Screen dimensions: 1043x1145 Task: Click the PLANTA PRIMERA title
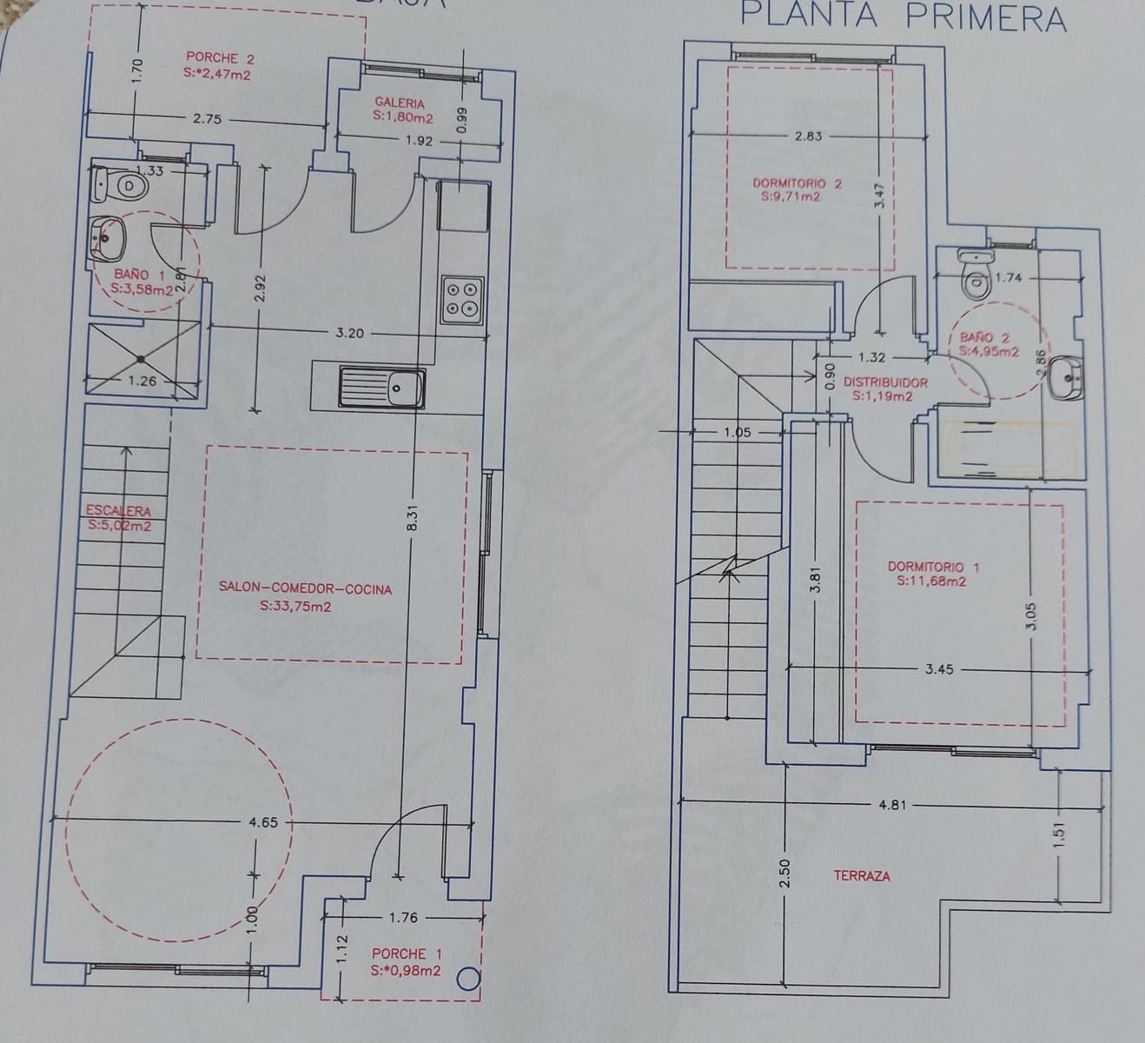(903, 17)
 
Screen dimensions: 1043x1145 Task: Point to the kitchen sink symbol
(382, 387)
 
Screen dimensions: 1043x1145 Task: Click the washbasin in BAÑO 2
(1065, 379)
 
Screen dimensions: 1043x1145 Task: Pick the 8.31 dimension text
(414, 519)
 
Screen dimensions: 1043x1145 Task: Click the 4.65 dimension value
(262, 821)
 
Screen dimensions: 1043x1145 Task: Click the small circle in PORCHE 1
(468, 979)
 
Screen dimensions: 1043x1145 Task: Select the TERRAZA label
(862, 875)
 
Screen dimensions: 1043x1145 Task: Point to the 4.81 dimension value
(892, 804)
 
